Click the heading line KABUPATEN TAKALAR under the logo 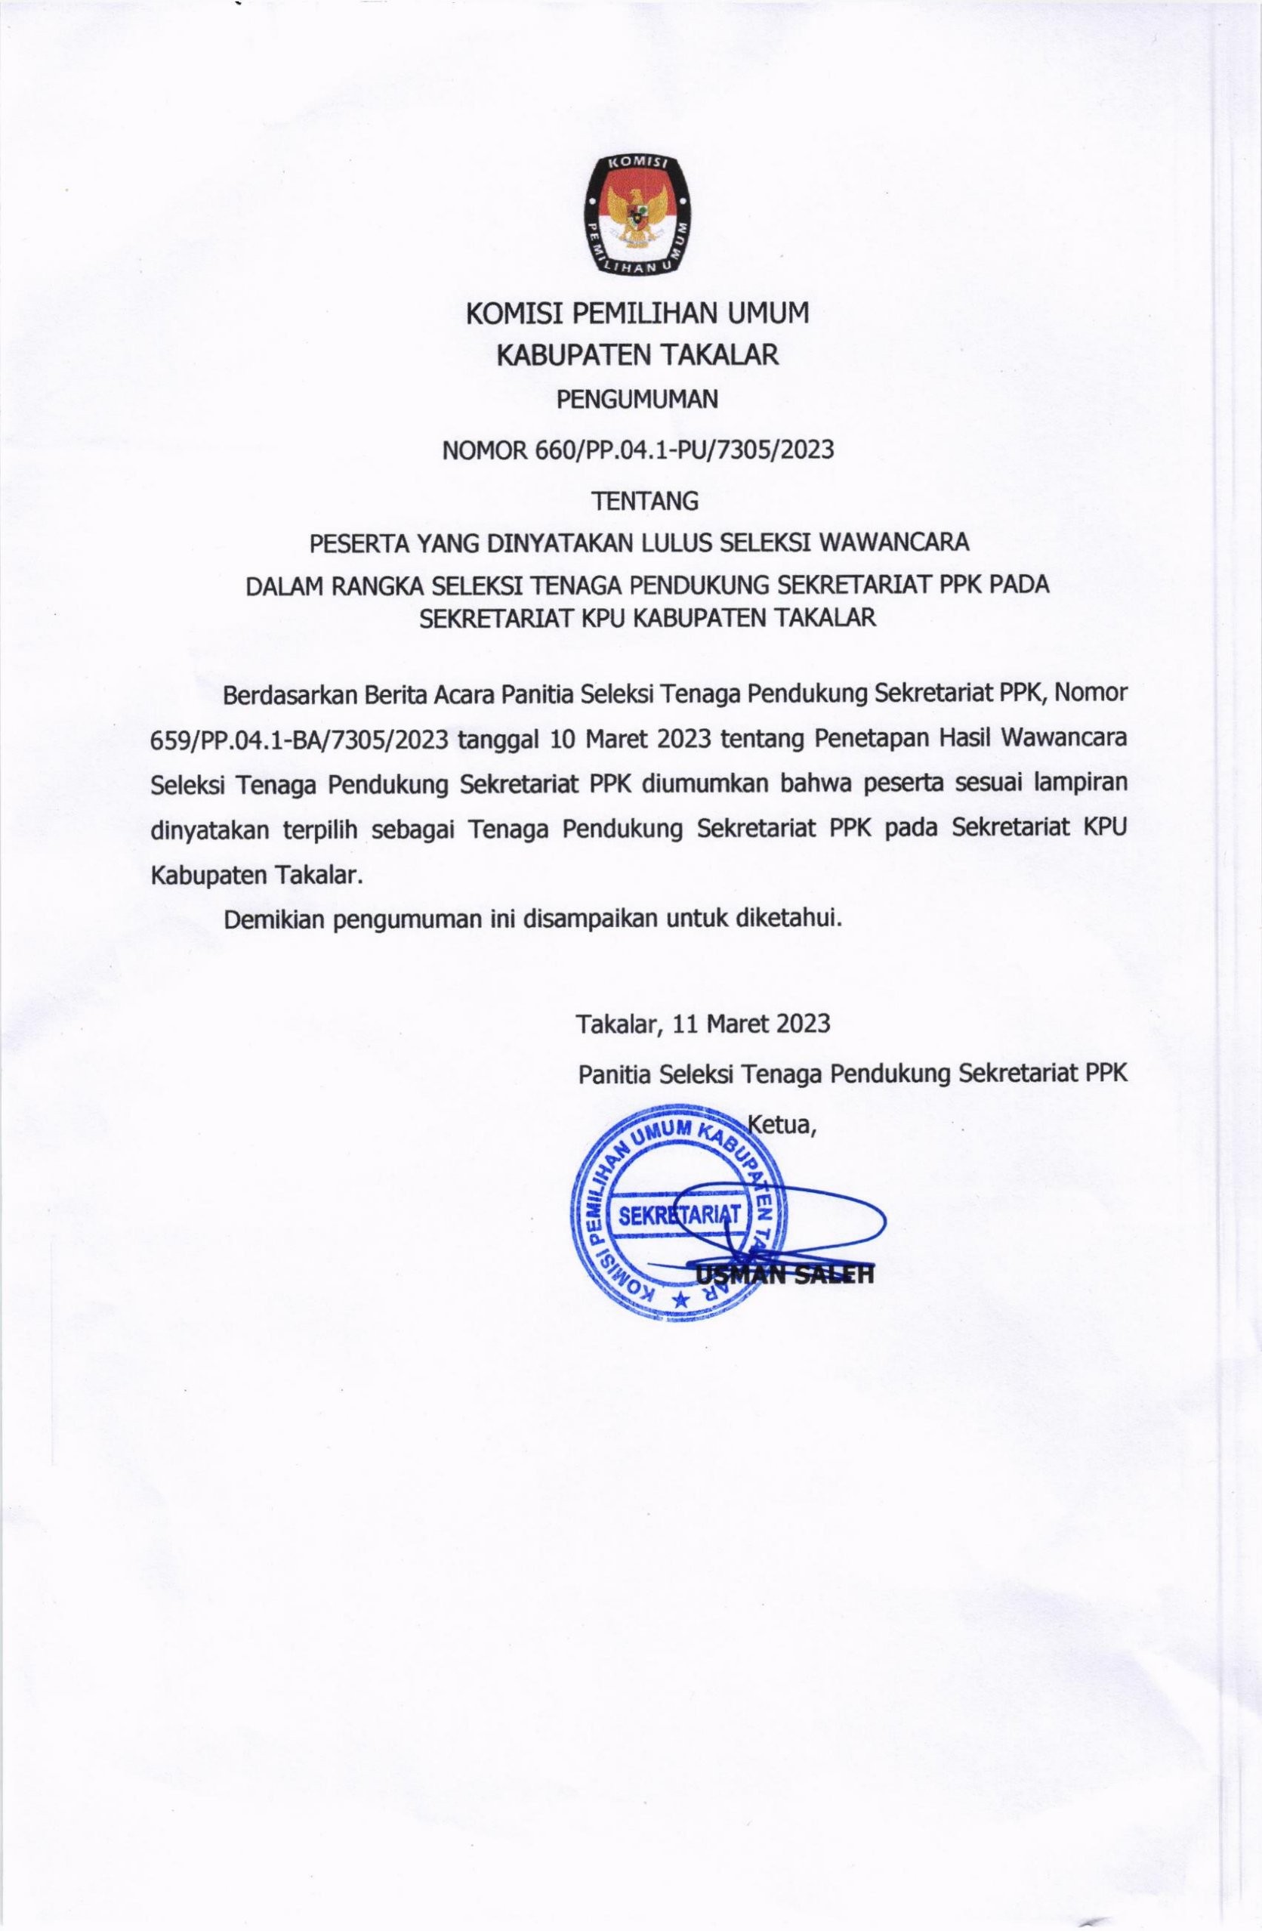(x=637, y=355)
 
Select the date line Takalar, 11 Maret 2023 (x=703, y=1022)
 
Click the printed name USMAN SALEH (x=783, y=1274)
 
